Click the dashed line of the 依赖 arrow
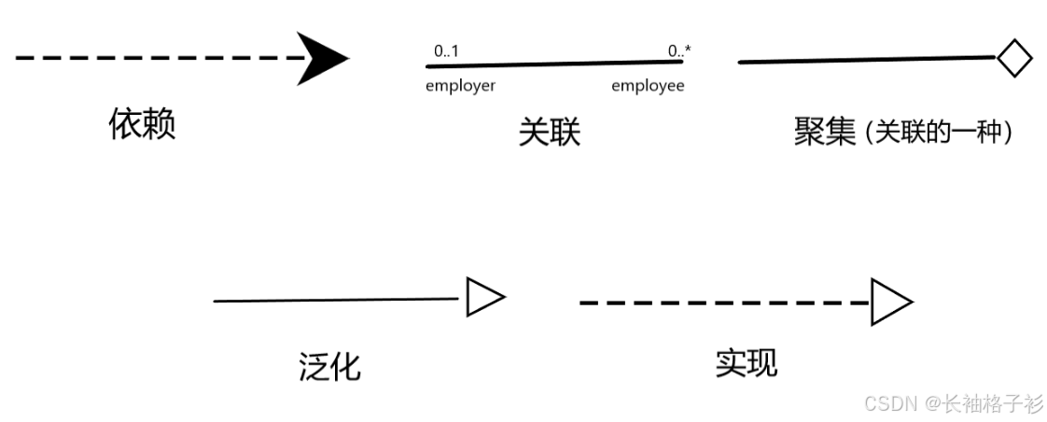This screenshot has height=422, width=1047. tap(159, 58)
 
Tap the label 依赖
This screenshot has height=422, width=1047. tap(142, 123)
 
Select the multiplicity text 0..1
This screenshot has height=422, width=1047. tap(446, 51)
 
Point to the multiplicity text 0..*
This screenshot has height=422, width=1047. tap(679, 51)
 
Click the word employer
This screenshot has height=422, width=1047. tap(460, 86)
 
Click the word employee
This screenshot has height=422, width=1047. tap(648, 86)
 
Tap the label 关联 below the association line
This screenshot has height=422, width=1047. tap(549, 133)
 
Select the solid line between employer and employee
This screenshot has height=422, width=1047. tap(555, 64)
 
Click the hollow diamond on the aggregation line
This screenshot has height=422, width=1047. tap(1013, 58)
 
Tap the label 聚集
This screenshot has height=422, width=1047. tap(824, 132)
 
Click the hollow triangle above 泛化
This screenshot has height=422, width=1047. tap(483, 298)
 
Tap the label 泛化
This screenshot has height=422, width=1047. tap(329, 366)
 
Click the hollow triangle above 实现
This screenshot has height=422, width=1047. tap(889, 302)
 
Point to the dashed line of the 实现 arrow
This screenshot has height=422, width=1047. tap(724, 302)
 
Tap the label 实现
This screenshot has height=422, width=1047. tap(746, 362)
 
